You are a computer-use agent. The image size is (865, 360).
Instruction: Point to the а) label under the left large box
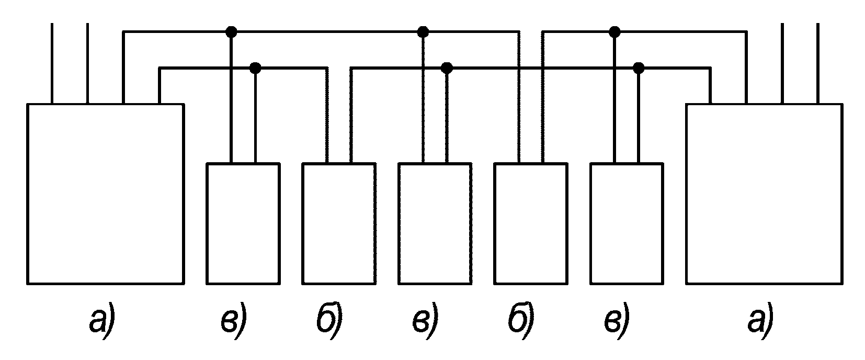[x=103, y=321]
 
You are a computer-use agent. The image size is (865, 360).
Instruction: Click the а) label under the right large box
[x=761, y=321]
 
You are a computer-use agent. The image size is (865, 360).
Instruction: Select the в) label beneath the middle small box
[x=425, y=321]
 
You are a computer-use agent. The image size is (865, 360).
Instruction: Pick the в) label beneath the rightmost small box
[x=617, y=321]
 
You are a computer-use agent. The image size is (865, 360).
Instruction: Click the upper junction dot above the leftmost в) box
[x=231, y=32]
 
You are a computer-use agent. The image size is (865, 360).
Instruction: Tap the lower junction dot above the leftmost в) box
[x=255, y=68]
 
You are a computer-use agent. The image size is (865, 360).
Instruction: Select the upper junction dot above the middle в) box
[x=423, y=32]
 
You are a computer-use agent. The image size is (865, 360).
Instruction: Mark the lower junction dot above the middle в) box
[x=447, y=68]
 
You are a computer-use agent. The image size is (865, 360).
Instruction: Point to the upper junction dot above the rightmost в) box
[x=614, y=32]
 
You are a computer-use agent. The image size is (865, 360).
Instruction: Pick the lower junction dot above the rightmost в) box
[x=639, y=68]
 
